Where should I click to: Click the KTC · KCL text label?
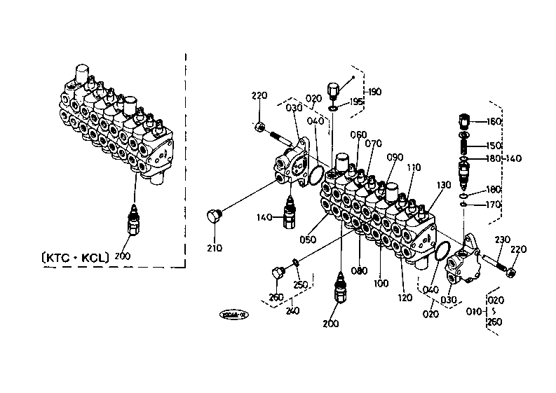click(x=74, y=257)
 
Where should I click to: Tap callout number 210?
click(x=215, y=248)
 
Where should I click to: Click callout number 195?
click(x=356, y=102)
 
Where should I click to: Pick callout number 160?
click(x=494, y=121)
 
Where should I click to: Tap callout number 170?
click(x=494, y=205)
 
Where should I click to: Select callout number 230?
click(x=502, y=240)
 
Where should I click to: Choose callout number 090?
click(x=394, y=157)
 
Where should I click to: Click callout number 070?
click(x=373, y=144)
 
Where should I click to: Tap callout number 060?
click(x=358, y=135)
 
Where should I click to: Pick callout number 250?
click(x=299, y=284)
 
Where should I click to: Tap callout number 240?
click(x=292, y=310)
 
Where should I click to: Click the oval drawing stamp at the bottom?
click(x=233, y=316)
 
